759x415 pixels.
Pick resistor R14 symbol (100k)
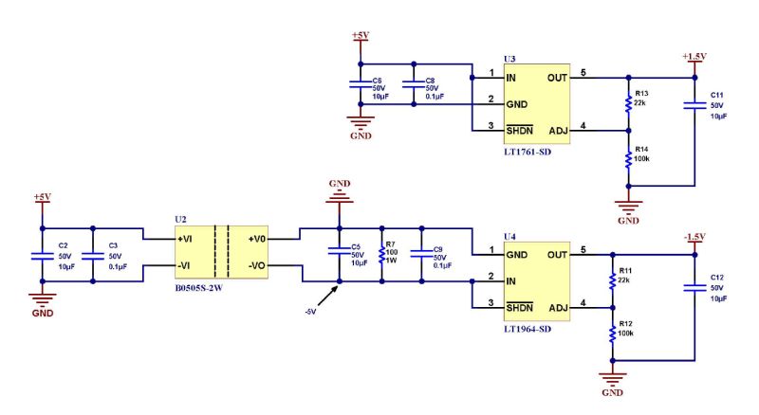(627, 159)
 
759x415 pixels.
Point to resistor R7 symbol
(381, 255)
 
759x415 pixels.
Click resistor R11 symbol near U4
(613, 280)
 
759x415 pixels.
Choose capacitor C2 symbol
(41, 255)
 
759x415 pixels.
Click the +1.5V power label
(694, 56)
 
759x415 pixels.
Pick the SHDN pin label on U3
(521, 130)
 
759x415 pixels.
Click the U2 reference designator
(180, 219)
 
